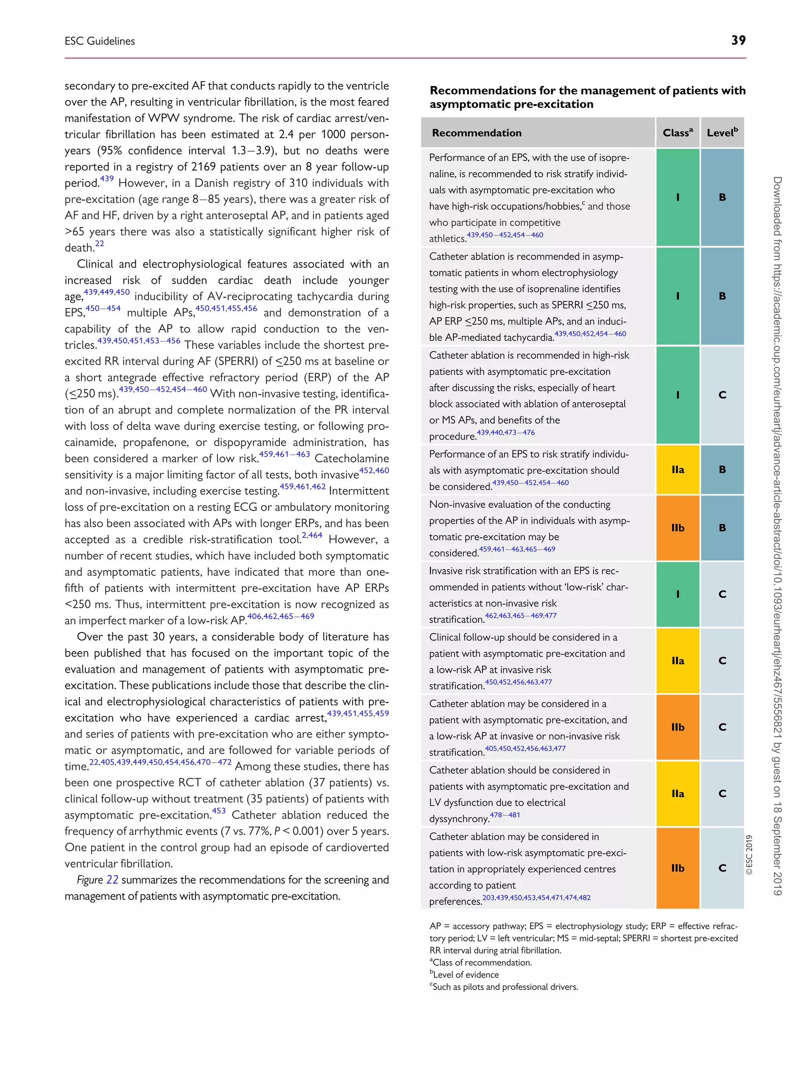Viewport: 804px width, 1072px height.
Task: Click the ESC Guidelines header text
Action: click(x=100, y=41)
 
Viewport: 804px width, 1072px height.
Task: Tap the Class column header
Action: click(x=678, y=133)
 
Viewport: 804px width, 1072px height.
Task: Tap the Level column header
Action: click(x=722, y=133)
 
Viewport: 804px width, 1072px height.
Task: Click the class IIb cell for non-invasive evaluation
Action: click(x=678, y=528)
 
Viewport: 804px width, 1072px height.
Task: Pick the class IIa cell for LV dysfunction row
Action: click(x=678, y=793)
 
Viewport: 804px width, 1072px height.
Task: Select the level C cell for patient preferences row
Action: click(x=722, y=868)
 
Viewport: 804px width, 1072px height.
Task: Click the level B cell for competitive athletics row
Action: click(x=722, y=197)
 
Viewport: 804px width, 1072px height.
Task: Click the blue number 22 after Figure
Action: click(x=112, y=880)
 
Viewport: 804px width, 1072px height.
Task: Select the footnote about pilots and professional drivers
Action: click(x=504, y=987)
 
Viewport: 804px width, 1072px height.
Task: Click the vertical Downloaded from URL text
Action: click(x=777, y=533)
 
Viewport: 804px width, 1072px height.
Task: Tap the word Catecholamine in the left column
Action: click(x=351, y=458)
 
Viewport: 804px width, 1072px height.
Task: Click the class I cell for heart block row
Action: click(x=678, y=395)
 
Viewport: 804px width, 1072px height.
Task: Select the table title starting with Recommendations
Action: click(x=587, y=97)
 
